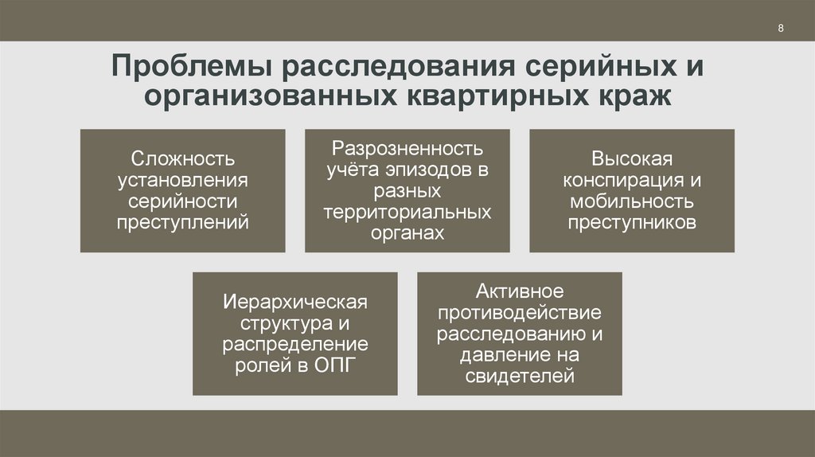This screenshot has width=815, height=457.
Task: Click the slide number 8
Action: click(781, 29)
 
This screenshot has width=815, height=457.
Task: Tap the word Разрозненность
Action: click(407, 149)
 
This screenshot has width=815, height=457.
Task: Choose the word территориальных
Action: click(407, 213)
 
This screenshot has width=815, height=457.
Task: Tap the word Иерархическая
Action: click(294, 303)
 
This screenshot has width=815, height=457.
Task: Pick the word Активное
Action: click(519, 291)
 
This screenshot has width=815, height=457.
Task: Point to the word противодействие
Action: click(519, 313)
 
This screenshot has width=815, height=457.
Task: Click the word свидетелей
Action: click(519, 376)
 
